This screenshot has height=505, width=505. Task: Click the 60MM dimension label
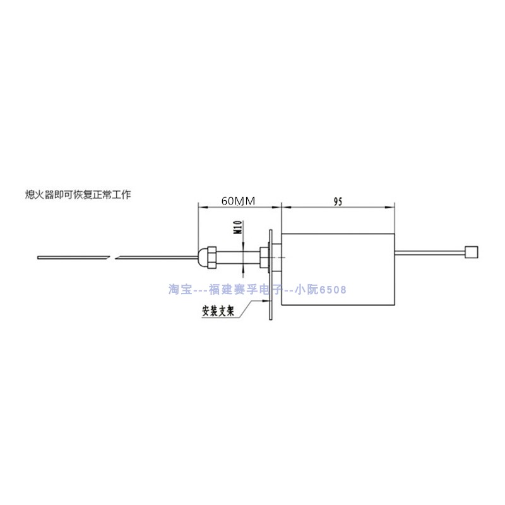coord(237,201)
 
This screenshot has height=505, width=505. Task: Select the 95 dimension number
coord(337,201)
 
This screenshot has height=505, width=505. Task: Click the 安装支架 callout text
coord(218,311)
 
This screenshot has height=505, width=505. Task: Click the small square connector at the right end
coord(470,252)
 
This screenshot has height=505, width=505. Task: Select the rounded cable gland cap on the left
coord(203,256)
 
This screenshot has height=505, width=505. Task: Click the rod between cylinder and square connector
coord(429,252)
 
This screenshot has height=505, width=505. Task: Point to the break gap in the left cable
coord(116,258)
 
